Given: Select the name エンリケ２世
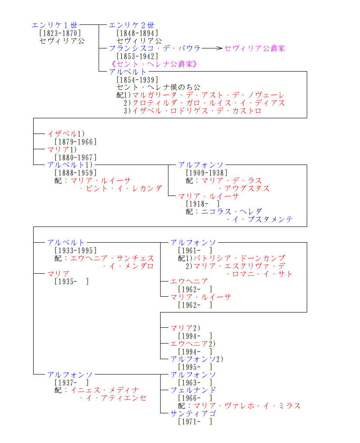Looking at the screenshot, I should [131, 25].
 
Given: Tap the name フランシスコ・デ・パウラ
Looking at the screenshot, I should [155, 48].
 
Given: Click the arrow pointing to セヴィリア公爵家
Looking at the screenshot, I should [213, 48].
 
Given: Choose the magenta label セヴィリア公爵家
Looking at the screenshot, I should [255, 48].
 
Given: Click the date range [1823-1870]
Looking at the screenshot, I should [60, 33].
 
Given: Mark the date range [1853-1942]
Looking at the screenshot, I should [137, 56].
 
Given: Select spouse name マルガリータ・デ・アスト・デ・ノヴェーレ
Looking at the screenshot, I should [208, 95].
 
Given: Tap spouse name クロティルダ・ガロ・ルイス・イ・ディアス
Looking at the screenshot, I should [208, 103].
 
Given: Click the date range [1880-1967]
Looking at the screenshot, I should [75, 157].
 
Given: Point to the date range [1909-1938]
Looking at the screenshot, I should [206, 173].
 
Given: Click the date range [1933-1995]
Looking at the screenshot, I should [75, 251].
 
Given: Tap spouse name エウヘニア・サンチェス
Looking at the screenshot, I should [112, 258].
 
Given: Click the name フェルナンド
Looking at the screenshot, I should [193, 390].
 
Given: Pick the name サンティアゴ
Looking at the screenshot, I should [193, 413].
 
